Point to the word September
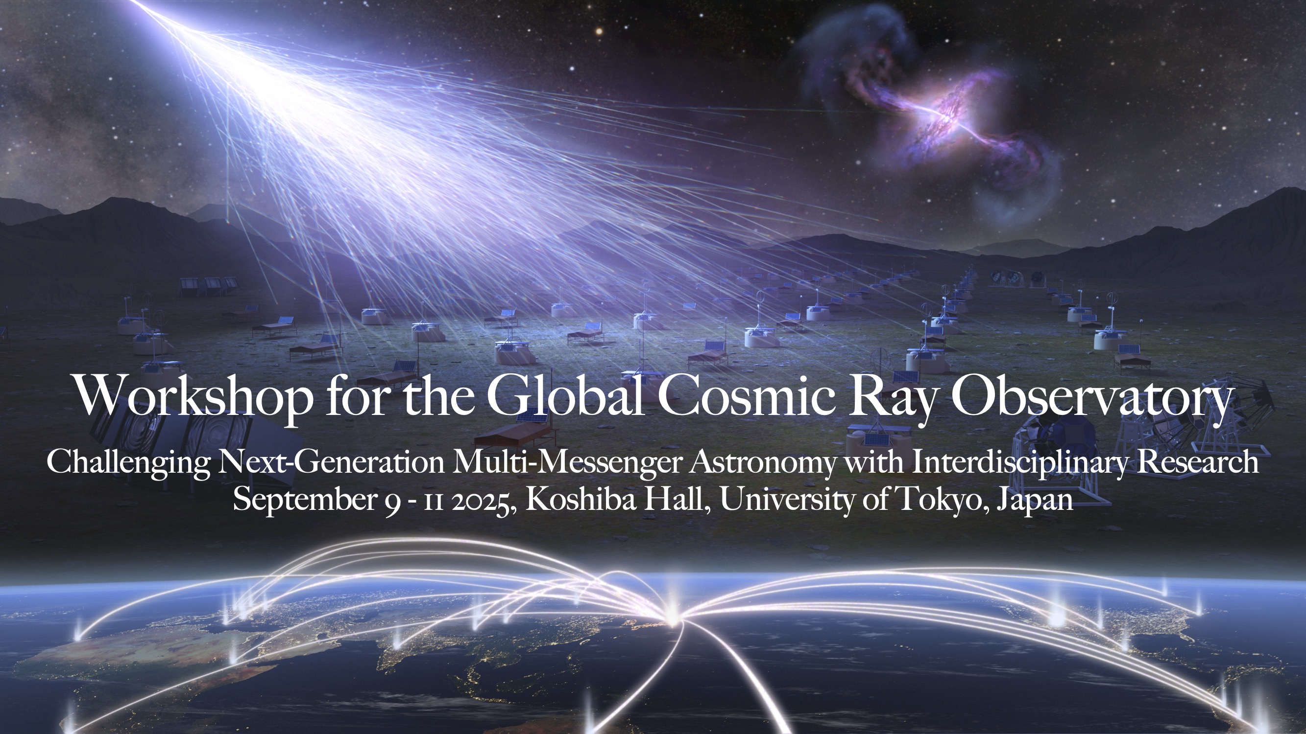[303, 501]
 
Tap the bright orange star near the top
[599, 31]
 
